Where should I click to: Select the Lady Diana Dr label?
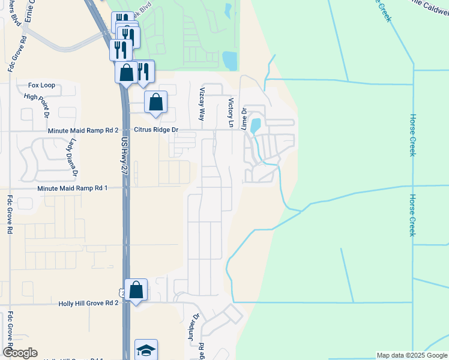[x=74, y=157]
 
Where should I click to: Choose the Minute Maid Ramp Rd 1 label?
[x=72, y=188]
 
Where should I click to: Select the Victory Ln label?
[x=229, y=109]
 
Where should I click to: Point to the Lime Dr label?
[x=244, y=118]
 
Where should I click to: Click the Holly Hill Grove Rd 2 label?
[x=88, y=304]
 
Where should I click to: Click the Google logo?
[x=19, y=353]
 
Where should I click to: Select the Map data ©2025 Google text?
[x=412, y=355]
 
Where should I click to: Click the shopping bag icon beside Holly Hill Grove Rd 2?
[x=136, y=290]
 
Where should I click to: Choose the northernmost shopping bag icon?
[x=127, y=73]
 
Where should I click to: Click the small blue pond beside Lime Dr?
[x=255, y=125]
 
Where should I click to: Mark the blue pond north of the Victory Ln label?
[x=229, y=60]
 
